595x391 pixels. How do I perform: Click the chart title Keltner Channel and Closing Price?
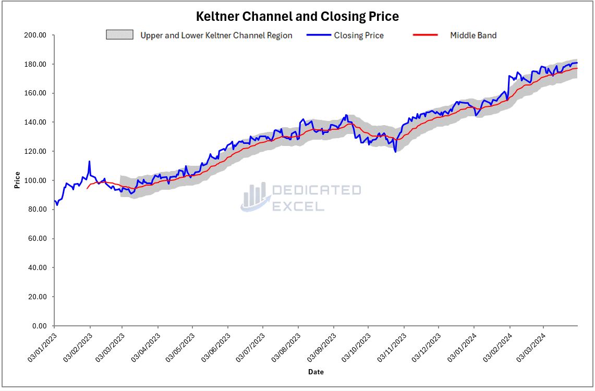pos(297,17)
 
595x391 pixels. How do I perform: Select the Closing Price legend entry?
pos(358,35)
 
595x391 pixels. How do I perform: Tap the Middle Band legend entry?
pos(473,35)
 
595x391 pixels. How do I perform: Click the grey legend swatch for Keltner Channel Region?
pos(120,35)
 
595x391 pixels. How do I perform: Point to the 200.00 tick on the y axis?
pos(36,35)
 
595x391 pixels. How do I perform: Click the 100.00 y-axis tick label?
pos(36,180)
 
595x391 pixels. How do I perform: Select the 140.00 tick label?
pos(36,123)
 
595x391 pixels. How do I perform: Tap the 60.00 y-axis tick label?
pos(38,239)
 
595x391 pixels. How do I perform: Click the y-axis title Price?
pos(17,180)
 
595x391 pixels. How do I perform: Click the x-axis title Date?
pos(315,372)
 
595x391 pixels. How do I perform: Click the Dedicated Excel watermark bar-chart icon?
pos(255,197)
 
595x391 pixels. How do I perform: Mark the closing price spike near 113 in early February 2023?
pos(89,162)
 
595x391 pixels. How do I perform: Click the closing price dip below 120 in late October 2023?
pos(395,152)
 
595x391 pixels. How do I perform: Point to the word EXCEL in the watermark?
pos(298,206)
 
